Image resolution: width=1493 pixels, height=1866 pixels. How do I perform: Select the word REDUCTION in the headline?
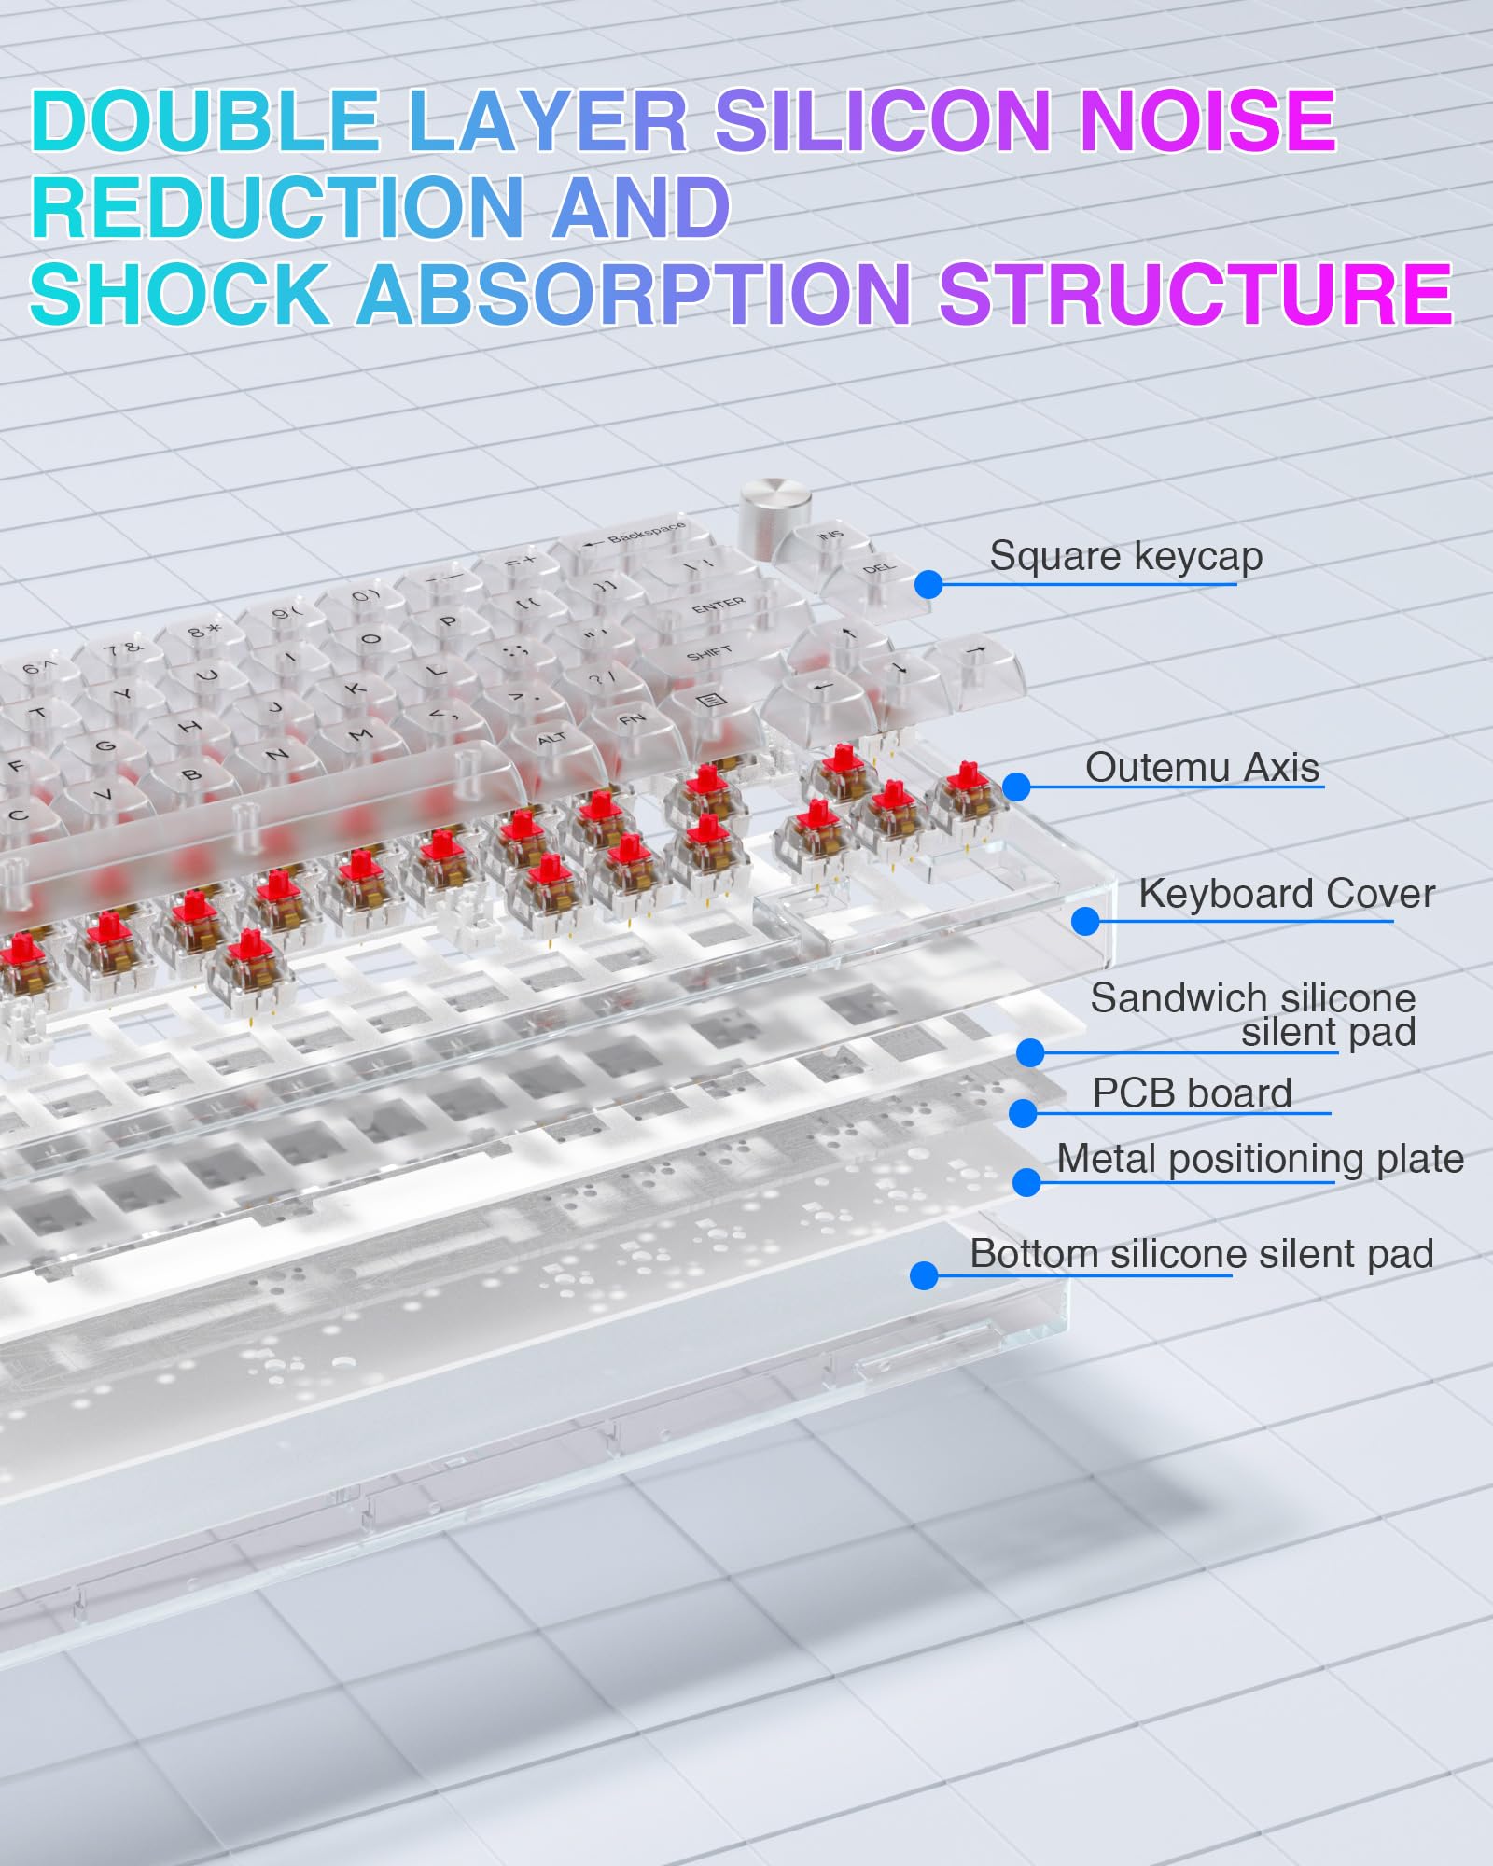click(x=277, y=208)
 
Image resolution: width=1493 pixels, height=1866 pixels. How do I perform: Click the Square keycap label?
click(x=1125, y=557)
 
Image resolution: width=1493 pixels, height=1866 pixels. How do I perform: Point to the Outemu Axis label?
click(x=1202, y=768)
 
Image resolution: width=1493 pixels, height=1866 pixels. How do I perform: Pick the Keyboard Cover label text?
click(x=1286, y=894)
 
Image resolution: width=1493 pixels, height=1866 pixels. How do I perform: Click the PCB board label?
click(x=1192, y=1093)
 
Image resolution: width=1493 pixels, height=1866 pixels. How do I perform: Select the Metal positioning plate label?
click(x=1260, y=1159)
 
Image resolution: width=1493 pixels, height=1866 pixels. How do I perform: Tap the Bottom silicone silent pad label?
click(x=1201, y=1254)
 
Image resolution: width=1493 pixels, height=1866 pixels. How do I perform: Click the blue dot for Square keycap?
click(x=928, y=585)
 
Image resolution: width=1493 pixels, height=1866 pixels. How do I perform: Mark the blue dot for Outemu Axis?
click(x=1016, y=787)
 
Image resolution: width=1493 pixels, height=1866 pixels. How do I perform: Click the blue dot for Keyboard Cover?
click(x=1085, y=922)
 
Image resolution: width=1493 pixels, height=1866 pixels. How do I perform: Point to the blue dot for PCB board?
click(x=1024, y=1112)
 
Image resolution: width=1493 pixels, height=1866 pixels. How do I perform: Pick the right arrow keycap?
click(x=978, y=653)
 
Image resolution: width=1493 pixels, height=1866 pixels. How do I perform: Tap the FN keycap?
click(x=632, y=721)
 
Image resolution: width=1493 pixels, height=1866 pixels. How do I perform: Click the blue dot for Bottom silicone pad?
click(x=924, y=1275)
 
